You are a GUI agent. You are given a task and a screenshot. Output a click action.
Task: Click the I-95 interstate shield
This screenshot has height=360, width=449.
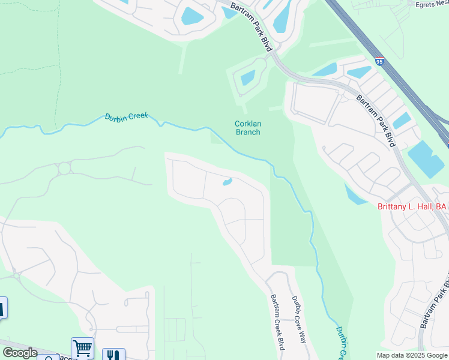379,61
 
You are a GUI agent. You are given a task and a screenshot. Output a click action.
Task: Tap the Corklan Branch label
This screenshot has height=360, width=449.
247,128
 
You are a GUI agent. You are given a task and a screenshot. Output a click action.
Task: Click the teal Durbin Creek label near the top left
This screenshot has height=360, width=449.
126,117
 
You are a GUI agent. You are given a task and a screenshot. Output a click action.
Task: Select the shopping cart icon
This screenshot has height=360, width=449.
82,347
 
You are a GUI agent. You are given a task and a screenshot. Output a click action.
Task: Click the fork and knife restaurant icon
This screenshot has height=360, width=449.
113,354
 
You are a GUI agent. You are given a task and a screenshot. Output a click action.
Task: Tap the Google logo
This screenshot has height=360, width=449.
20,352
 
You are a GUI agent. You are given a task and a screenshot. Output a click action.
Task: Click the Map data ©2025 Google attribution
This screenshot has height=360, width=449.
412,355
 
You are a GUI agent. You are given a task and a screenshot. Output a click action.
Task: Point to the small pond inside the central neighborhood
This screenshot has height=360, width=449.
228,182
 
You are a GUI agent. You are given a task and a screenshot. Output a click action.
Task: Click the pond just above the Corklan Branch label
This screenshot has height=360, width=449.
247,77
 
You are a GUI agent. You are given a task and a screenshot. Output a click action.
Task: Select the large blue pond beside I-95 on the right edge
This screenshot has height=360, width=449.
426,158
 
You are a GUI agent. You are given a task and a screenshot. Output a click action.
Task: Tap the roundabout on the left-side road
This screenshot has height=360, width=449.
64,168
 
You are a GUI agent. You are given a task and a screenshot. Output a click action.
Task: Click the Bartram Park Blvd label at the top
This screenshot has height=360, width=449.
258,26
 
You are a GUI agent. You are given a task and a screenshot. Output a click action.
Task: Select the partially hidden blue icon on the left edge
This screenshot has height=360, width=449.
2,307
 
